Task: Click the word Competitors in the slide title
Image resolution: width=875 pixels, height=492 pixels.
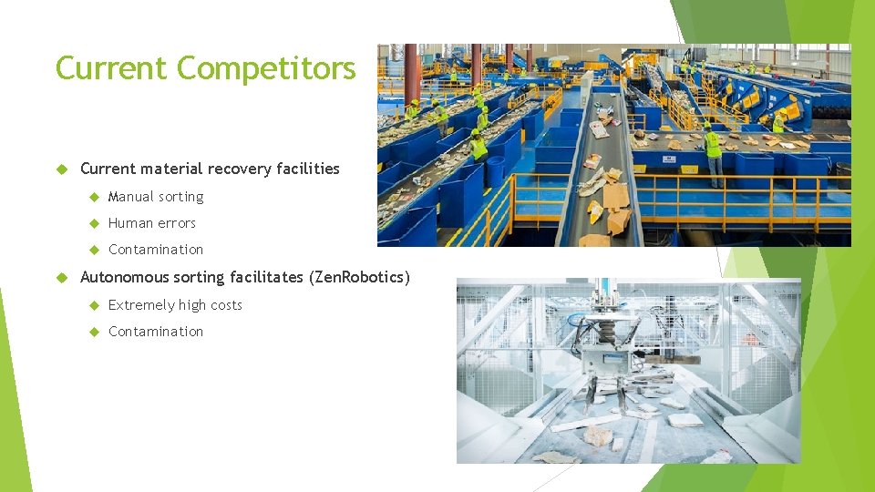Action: tap(266, 68)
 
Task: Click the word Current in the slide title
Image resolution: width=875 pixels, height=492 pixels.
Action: tap(112, 68)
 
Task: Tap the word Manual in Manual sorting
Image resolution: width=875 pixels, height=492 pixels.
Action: tap(130, 197)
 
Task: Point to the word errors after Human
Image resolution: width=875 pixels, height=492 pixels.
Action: tap(176, 223)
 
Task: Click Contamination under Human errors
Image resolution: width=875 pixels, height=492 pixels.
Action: tap(156, 250)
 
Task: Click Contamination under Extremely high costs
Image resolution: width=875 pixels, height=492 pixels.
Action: tap(156, 332)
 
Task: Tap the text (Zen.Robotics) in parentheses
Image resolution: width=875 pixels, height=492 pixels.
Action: tap(361, 277)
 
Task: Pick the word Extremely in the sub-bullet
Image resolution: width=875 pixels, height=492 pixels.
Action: tap(139, 305)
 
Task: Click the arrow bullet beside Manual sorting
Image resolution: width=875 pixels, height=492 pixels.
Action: tap(93, 197)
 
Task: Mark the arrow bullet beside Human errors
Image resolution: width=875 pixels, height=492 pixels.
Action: tap(93, 223)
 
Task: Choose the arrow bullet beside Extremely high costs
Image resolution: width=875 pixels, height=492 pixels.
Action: tap(93, 305)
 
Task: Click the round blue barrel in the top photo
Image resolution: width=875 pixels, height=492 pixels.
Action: tap(495, 170)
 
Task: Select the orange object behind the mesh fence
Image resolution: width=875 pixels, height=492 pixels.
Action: tap(749, 339)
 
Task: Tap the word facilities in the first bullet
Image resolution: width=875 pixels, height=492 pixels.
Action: tap(306, 169)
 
